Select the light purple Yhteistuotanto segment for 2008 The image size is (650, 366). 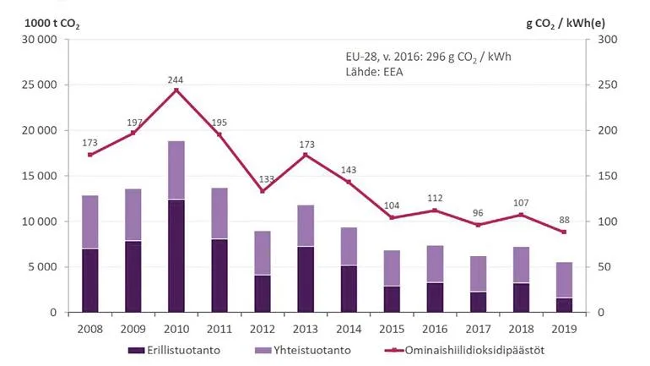90,221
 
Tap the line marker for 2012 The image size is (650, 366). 262,191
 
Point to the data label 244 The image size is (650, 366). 176,80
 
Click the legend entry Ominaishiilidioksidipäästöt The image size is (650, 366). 456,350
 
